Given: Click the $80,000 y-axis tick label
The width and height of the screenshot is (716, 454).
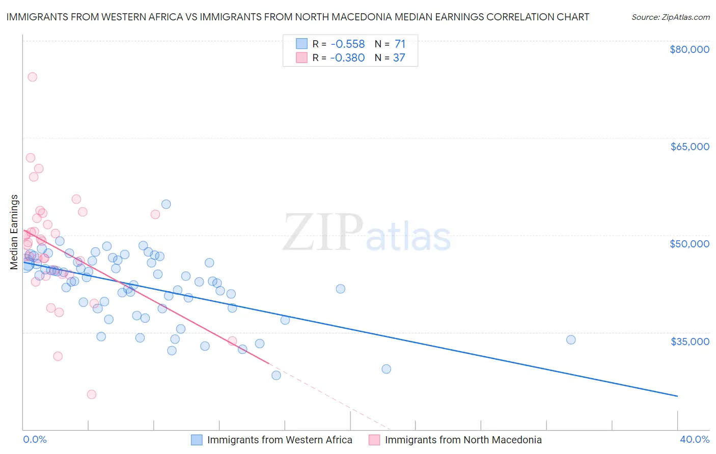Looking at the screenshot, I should click(689, 49).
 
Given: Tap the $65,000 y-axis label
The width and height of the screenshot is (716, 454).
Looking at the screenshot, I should click(689, 147).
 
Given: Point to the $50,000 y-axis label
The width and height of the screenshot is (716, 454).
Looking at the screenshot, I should click(689, 244).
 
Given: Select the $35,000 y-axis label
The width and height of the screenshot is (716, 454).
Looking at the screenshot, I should click(689, 341).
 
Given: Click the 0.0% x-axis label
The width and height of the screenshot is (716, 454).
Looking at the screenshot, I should click(35, 440).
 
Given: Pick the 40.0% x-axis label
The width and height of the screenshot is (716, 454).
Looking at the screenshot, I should click(694, 440).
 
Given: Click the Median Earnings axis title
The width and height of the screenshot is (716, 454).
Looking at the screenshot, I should click(14, 232).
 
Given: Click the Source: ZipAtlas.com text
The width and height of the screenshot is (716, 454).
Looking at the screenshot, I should click(670, 17).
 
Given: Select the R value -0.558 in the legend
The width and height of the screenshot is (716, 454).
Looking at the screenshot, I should click(347, 44).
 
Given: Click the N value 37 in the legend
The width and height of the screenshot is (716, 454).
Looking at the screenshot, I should click(399, 58).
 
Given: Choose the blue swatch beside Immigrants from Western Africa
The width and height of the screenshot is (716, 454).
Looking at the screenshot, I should click(197, 440).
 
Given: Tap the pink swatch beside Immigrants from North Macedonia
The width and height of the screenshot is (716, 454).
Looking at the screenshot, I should click(374, 440).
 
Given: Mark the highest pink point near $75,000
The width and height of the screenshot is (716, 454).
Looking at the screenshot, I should click(32, 77).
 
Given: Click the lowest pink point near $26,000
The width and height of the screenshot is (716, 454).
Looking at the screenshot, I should click(92, 394).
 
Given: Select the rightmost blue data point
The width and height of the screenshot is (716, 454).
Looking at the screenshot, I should click(571, 339).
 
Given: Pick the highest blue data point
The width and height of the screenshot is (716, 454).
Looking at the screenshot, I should click(166, 204).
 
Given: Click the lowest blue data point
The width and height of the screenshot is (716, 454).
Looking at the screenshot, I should click(276, 375).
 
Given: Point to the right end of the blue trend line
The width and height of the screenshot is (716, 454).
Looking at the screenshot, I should click(677, 396).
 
